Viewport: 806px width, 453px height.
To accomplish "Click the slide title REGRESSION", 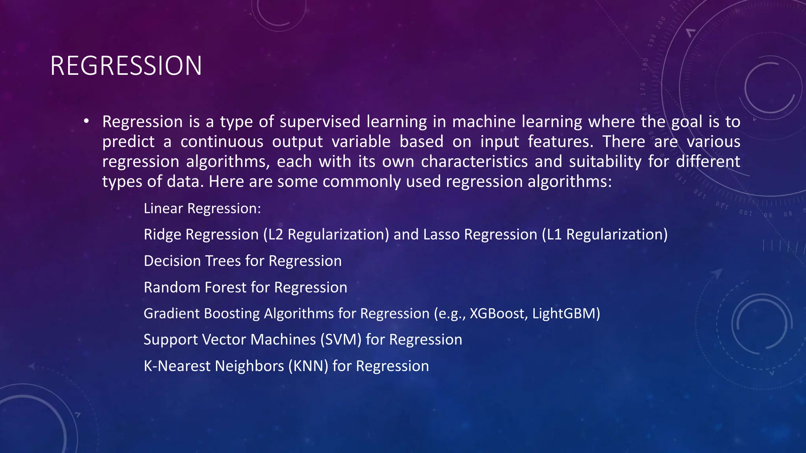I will pyautogui.click(x=126, y=66).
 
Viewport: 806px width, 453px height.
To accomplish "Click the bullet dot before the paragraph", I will pyautogui.click(x=86, y=121).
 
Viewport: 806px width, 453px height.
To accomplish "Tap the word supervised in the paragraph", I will pyautogui.click(x=320, y=122).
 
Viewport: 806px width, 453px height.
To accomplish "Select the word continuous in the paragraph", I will pyautogui.click(x=222, y=142).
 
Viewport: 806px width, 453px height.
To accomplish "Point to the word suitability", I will pyautogui.click(x=605, y=162).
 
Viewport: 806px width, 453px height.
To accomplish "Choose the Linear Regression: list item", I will pyautogui.click(x=202, y=208).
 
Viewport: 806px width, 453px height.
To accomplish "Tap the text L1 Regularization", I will pyautogui.click(x=604, y=235).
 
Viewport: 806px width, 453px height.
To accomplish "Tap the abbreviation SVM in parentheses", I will pyautogui.click(x=340, y=340).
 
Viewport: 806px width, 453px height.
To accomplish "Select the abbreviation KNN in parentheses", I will pyautogui.click(x=308, y=366).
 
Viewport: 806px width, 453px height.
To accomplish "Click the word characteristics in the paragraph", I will pyautogui.click(x=474, y=162).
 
